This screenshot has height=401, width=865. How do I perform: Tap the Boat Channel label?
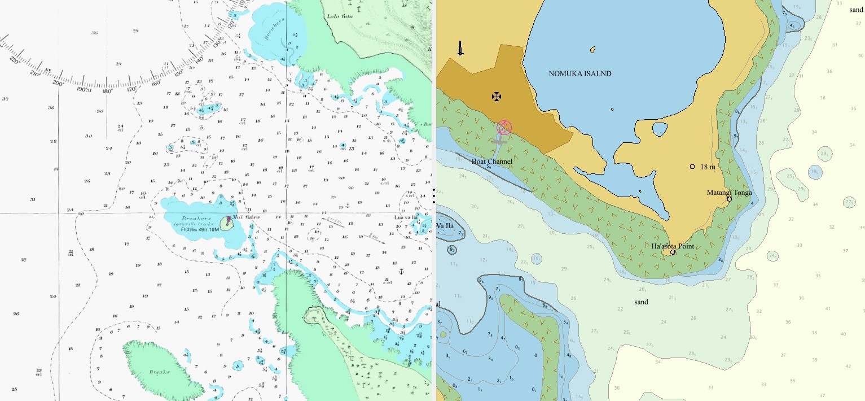pyautogui.click(x=492, y=162)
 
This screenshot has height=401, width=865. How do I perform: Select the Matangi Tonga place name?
pyautogui.click(x=729, y=193)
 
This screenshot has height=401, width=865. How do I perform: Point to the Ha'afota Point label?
pyautogui.click(x=672, y=246)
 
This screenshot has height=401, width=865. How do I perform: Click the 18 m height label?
pyautogui.click(x=708, y=167)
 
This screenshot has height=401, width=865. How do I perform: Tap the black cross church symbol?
pyautogui.click(x=497, y=97)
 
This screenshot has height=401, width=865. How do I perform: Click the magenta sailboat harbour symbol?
pyautogui.click(x=503, y=127)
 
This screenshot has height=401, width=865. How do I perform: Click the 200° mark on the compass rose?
pyautogui.click(x=57, y=83)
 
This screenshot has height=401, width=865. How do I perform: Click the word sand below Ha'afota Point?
pyautogui.click(x=641, y=302)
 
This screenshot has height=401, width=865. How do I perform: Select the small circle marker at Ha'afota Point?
pyautogui.click(x=673, y=252)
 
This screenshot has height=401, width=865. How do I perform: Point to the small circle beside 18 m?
pyautogui.click(x=692, y=167)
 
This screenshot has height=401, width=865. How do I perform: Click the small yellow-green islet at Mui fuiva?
pyautogui.click(x=227, y=224)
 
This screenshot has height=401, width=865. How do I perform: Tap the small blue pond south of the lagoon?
pyautogui.click(x=659, y=129)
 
